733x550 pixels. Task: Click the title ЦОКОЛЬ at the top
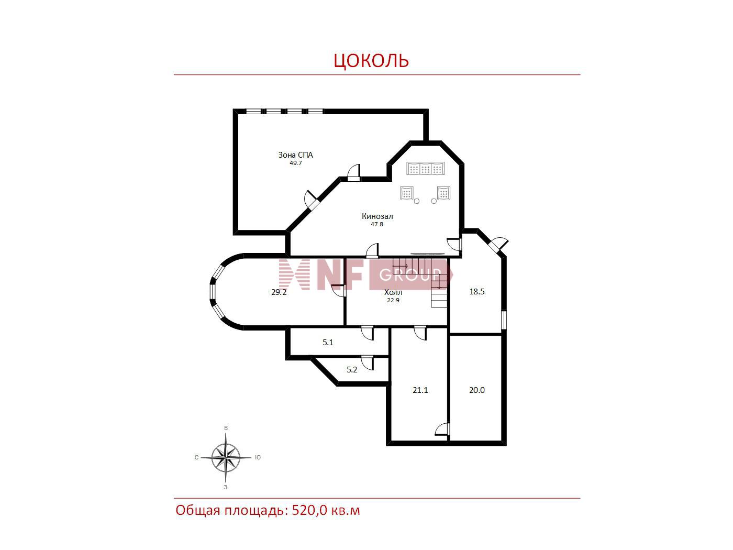pyautogui.click(x=371, y=60)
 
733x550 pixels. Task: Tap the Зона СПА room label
pyautogui.click(x=295, y=155)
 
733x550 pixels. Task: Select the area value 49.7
pyautogui.click(x=295, y=163)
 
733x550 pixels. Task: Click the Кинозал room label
pyautogui.click(x=377, y=216)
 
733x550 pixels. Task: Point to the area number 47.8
pyautogui.click(x=377, y=224)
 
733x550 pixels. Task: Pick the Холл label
pyautogui.click(x=393, y=292)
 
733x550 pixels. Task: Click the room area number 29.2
pyautogui.click(x=279, y=292)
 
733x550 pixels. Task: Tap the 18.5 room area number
pyautogui.click(x=477, y=292)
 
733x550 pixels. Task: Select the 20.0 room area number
pyautogui.click(x=477, y=390)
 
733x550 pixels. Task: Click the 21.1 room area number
pyautogui.click(x=420, y=390)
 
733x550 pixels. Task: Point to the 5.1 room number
pyautogui.click(x=328, y=342)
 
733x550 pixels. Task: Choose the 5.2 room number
pyautogui.click(x=352, y=370)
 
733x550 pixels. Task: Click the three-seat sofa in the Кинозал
pyautogui.click(x=426, y=168)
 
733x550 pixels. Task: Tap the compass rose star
pyautogui.click(x=226, y=457)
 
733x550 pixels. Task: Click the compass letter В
pyautogui.click(x=226, y=428)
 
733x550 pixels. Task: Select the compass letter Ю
pyautogui.click(x=258, y=457)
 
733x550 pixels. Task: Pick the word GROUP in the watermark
pyautogui.click(x=410, y=275)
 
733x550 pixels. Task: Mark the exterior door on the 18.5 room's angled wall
pyautogui.click(x=497, y=244)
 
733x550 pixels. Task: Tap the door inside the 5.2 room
pyautogui.click(x=368, y=364)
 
